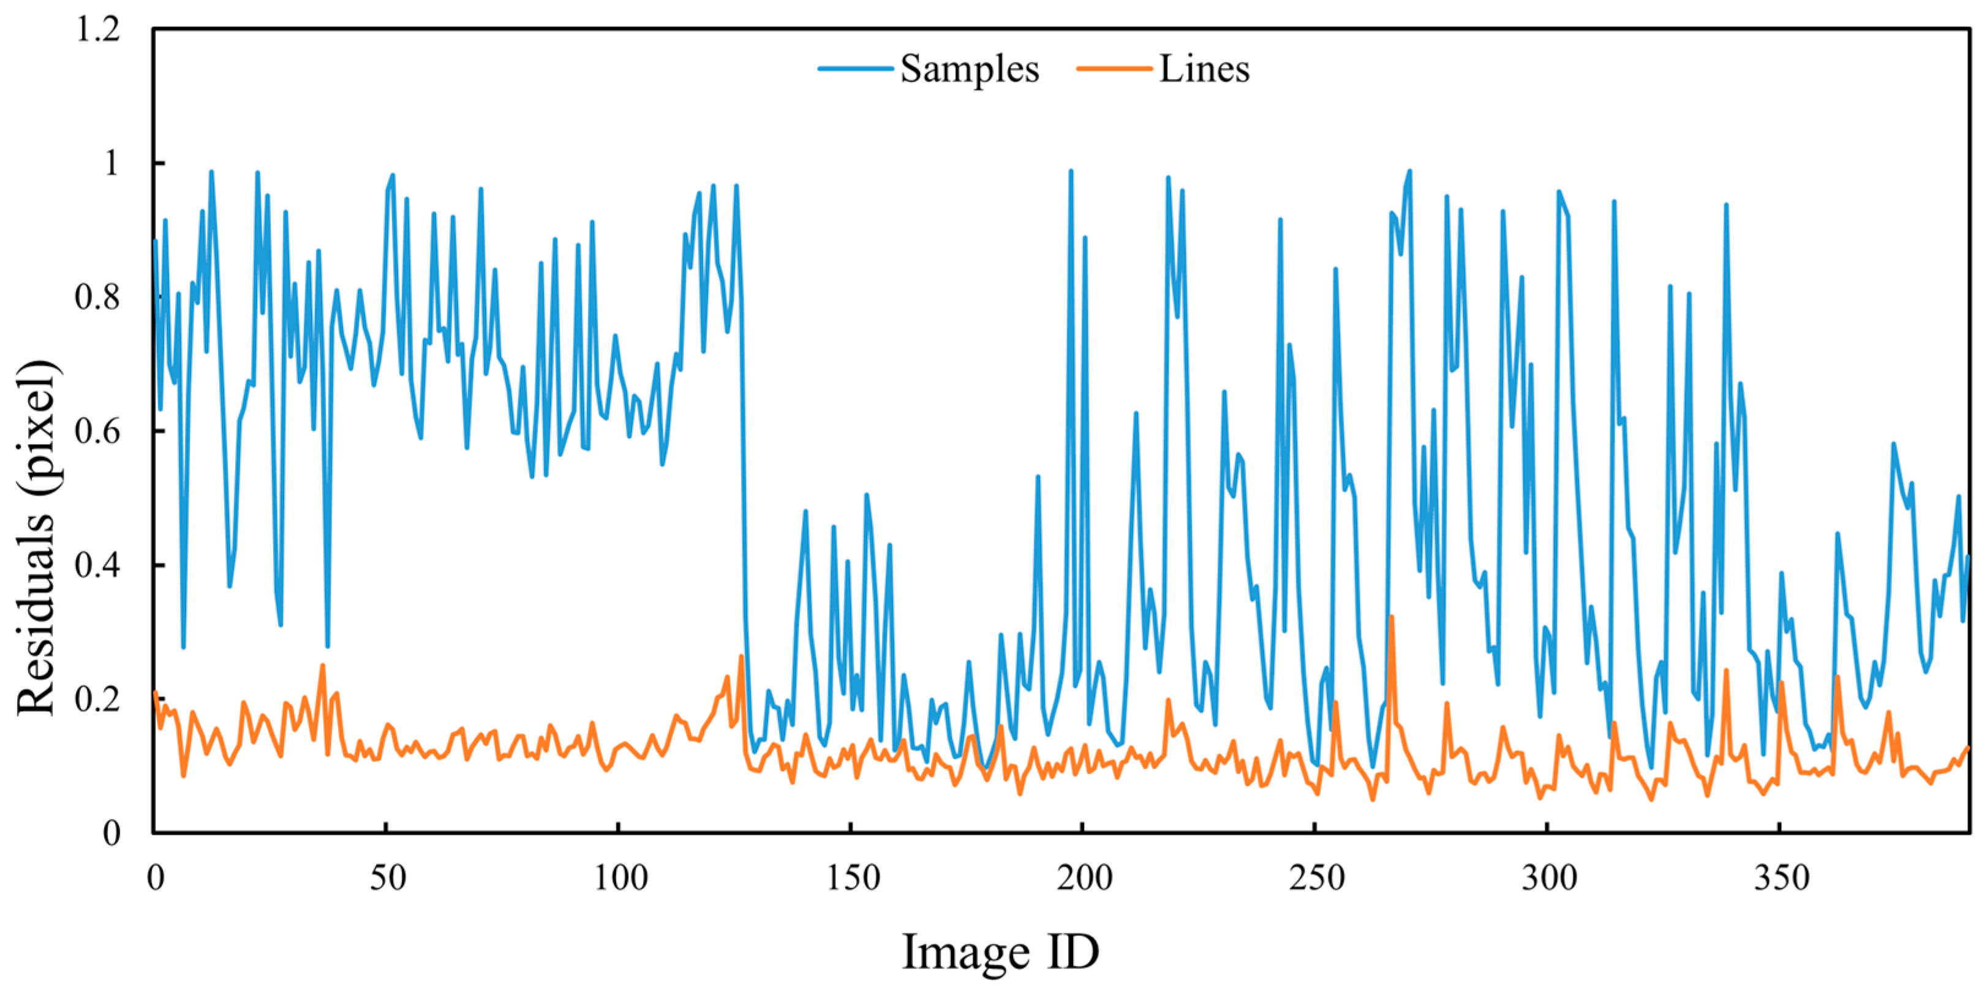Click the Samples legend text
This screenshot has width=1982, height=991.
click(x=969, y=69)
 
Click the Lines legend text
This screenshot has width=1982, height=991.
click(x=1204, y=69)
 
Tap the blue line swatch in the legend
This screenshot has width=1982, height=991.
click(x=856, y=69)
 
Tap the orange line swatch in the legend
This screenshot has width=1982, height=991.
click(x=1114, y=69)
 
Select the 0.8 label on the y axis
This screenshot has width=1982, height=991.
click(x=98, y=297)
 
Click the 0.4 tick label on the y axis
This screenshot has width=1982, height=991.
click(x=98, y=565)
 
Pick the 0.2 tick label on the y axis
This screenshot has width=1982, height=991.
click(x=98, y=699)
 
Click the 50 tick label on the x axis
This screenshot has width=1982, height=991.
click(x=387, y=878)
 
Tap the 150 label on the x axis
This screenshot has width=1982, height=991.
click(x=852, y=878)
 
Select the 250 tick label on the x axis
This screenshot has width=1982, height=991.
click(x=1316, y=878)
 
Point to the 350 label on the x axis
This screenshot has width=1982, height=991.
click(x=1780, y=878)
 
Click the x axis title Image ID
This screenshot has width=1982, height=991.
click(x=1000, y=952)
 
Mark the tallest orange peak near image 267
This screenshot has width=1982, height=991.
click(x=1391, y=616)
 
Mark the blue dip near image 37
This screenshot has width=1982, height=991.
click(x=328, y=646)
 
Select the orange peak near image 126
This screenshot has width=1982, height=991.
click(x=741, y=657)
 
